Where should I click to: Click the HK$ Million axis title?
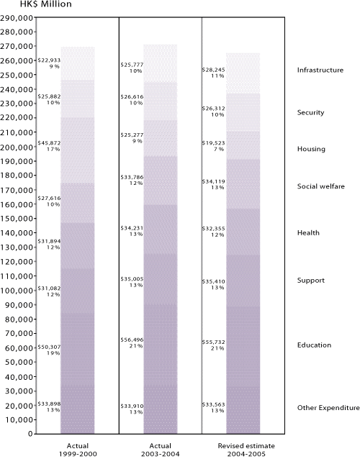pos(46,4)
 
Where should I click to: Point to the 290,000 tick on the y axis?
pos(17,18)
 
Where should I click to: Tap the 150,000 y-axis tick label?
pos(17,219)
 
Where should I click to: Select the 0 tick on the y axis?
pos(30,434)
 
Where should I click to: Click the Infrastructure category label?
pos(320,70)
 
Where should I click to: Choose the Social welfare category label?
pos(320,186)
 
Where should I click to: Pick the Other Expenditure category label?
pos(328,407)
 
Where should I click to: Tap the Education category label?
pos(314,345)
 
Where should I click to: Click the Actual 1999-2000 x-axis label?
pos(78,450)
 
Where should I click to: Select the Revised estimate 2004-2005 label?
pos(246,450)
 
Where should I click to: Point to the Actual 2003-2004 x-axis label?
pos(161,450)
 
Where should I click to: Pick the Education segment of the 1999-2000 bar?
pos(78,349)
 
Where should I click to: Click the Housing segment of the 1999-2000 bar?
pos(78,150)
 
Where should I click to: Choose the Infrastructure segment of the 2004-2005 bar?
pos(243,73)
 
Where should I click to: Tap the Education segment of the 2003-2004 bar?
pos(161,345)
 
